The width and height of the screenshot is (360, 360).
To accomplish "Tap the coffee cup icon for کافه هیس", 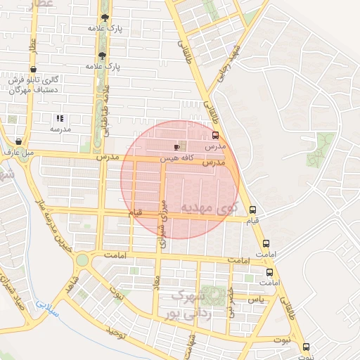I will (x=176, y=147).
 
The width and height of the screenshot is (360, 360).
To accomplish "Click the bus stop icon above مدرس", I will (x=215, y=136).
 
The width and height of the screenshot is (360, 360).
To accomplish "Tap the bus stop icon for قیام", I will (x=253, y=210).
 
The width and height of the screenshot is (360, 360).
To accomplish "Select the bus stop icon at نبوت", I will (x=306, y=347).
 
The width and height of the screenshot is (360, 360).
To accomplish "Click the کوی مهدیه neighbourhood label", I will (x=210, y=207).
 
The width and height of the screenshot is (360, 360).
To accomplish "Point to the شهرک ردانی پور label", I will (x=185, y=303).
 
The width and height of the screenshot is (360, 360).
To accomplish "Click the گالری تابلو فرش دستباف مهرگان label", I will (x=34, y=86).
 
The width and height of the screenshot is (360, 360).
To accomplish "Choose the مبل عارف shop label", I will (x=19, y=150).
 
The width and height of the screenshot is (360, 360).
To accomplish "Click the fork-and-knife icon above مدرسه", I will (x=60, y=118).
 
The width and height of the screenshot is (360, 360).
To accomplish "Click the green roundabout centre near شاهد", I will (x=82, y=260).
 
